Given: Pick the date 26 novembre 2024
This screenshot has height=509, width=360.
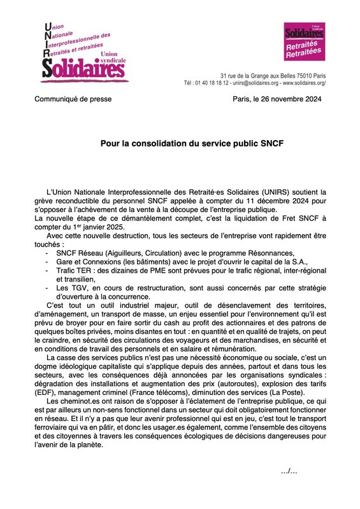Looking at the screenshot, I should [285, 99].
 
